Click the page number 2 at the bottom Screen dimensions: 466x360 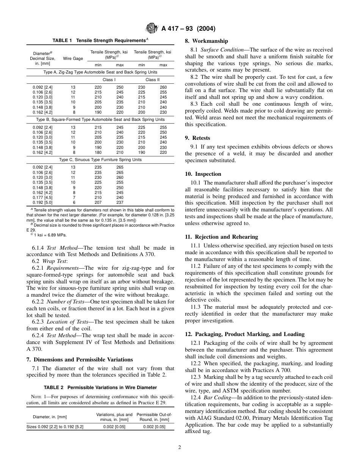(180, 447)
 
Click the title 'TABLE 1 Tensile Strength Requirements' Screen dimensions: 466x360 (100, 40)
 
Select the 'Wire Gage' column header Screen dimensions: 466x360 (73, 58)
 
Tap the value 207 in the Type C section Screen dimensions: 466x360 (98, 203)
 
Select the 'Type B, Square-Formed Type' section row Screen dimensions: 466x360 (100, 119)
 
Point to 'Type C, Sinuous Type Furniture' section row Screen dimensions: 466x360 (100, 160)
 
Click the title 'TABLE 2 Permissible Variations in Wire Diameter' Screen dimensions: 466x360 (100, 388)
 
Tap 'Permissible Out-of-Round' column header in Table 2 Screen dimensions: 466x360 (154, 417)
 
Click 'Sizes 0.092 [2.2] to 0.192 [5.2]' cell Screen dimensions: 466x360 (55, 427)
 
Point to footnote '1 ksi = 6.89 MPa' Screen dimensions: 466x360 (47, 235)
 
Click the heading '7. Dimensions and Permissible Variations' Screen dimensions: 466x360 (80, 359)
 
